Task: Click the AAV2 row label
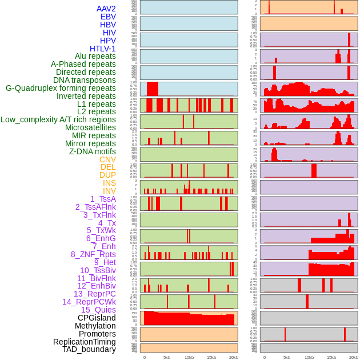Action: (x=106, y=9)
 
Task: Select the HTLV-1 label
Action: (x=102, y=49)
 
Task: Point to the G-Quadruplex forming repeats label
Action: (x=61, y=88)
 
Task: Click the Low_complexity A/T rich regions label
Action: (x=58, y=119)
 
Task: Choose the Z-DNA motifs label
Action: (x=93, y=151)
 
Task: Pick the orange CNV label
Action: (x=107, y=159)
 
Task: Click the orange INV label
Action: (x=109, y=191)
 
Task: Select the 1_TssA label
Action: (x=103, y=199)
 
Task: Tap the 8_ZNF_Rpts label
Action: (x=93, y=254)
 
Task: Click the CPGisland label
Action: (x=97, y=318)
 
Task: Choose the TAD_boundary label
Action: (x=89, y=349)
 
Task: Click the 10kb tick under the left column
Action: (x=189, y=357)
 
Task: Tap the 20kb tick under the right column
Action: (x=354, y=357)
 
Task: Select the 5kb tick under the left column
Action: (x=166, y=357)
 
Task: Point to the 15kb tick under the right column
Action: (x=331, y=357)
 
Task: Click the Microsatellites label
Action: (x=90, y=127)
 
